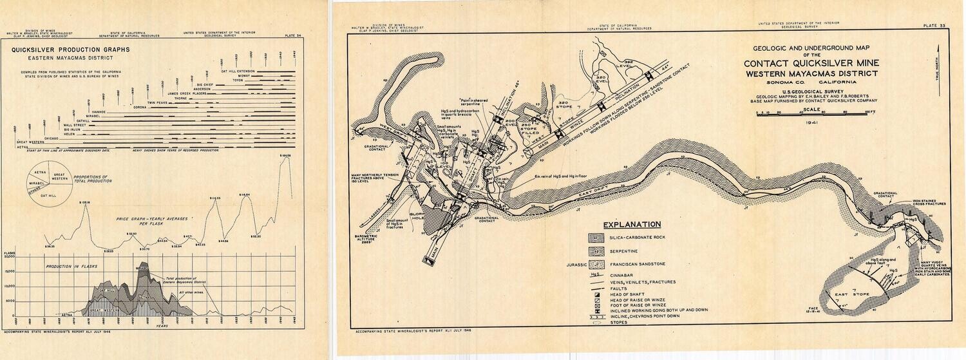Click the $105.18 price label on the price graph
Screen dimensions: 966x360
[x=84, y=203]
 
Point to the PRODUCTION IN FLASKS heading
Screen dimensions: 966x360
[x=68, y=265]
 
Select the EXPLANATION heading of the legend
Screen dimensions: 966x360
[x=632, y=224]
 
